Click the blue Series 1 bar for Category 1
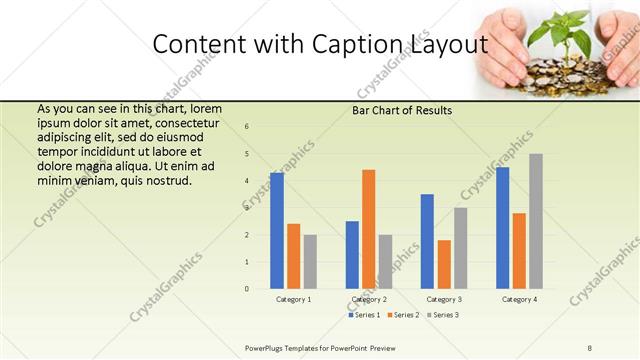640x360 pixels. pos(277,230)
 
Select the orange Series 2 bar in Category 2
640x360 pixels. pos(369,229)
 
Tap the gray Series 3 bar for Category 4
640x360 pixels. pos(536,221)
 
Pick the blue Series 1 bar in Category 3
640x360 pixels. pos(427,241)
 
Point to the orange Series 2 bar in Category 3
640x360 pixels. pos(444,264)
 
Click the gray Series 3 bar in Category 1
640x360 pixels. pos(310,262)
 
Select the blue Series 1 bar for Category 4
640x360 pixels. pos(502,228)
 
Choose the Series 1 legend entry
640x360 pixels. pos(363,315)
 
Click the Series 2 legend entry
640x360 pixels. pos(401,315)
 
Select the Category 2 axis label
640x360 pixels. pos(369,299)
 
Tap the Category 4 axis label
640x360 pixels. pos(519,299)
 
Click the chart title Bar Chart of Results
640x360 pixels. pos(402,110)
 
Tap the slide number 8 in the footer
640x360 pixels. pos(590,347)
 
